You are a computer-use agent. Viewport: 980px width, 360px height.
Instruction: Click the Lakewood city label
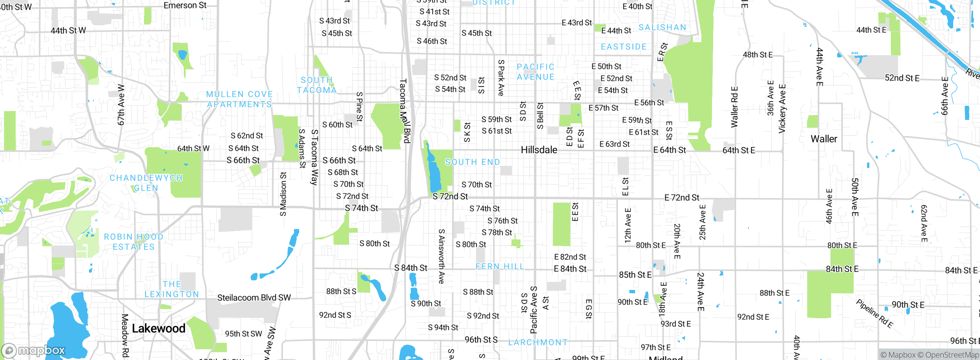[158, 328]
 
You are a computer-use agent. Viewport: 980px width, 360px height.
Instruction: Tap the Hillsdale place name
[539, 150]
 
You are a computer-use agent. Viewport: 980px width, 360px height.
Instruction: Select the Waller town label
[824, 139]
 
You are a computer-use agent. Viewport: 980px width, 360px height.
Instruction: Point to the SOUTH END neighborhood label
[472, 162]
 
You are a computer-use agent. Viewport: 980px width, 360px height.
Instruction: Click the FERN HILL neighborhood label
[500, 266]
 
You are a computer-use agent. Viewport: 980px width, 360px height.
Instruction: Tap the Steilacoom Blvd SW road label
[254, 298]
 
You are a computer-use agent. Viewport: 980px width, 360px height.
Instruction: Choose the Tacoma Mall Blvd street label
[405, 111]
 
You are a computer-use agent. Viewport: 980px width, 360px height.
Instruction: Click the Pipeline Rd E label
[874, 314]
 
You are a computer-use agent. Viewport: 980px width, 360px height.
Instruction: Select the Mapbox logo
[34, 350]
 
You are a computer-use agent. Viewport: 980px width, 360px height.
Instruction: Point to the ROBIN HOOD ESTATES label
[134, 242]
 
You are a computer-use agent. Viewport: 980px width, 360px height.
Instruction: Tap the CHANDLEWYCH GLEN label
[146, 183]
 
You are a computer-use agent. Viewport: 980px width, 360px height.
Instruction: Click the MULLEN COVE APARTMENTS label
[239, 99]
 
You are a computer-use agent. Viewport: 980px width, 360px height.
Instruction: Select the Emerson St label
[185, 5]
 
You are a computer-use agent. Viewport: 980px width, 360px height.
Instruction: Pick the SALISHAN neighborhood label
[662, 27]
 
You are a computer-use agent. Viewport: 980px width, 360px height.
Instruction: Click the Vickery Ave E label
[782, 109]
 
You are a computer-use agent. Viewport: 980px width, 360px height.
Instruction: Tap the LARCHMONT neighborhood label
[538, 342]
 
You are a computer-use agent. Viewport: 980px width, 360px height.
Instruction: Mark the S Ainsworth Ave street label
[441, 256]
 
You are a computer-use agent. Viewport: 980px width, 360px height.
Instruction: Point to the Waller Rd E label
[734, 107]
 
